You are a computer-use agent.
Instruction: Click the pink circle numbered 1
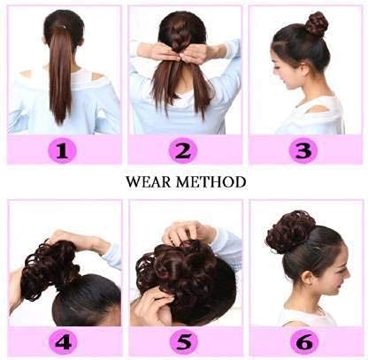pyautogui.click(x=62, y=150)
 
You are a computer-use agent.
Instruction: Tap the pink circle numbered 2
pyautogui.click(x=183, y=150)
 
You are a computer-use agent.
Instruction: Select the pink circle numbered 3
pyautogui.click(x=303, y=150)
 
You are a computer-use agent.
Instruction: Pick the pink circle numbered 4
pyautogui.click(x=63, y=342)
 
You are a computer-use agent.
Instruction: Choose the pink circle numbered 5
pyautogui.click(x=184, y=342)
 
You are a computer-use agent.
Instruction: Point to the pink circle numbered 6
pyautogui.click(x=304, y=342)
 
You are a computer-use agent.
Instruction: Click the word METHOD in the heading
pyautogui.click(x=211, y=182)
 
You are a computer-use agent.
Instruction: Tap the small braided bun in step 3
pyautogui.click(x=316, y=24)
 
